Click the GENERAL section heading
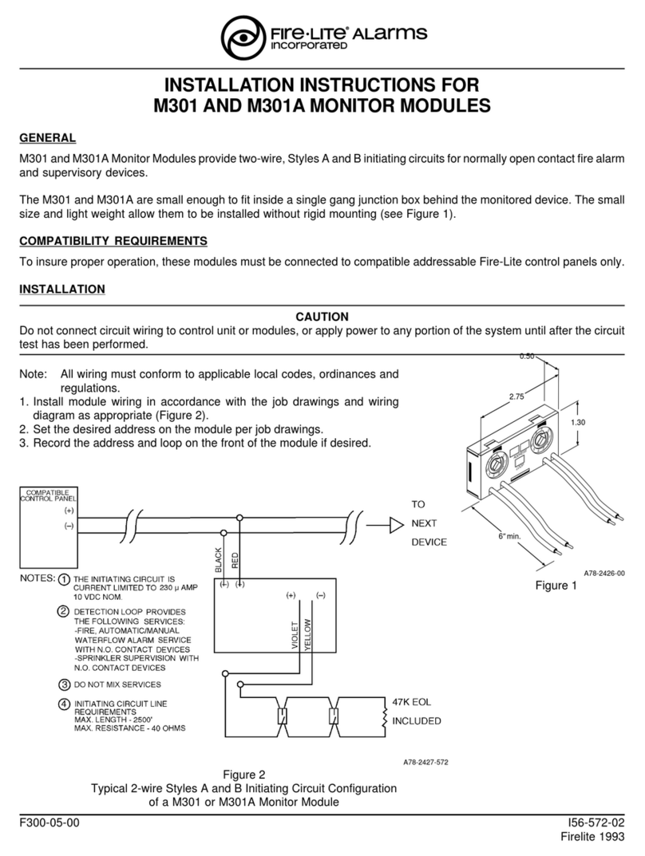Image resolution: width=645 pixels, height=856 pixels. (48, 138)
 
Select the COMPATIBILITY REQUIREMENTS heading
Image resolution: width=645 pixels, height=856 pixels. (113, 241)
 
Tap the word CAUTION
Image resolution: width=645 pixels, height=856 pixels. (322, 318)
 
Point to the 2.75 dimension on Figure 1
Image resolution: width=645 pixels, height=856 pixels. (516, 396)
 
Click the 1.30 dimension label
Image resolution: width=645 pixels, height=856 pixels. (577, 423)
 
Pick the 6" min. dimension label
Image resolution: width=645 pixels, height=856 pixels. (509, 536)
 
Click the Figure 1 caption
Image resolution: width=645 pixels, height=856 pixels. (556, 586)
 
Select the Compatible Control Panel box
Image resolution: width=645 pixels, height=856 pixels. (49, 527)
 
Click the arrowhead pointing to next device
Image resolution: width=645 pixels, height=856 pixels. (397, 526)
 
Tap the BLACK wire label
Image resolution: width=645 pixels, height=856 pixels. (219, 560)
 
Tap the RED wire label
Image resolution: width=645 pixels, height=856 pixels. (235, 561)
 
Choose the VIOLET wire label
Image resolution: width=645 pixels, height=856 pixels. (295, 635)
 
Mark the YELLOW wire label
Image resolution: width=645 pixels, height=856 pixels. (307, 634)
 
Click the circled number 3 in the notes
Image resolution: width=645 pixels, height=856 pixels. (65, 684)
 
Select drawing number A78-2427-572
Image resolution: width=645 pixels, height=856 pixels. (425, 762)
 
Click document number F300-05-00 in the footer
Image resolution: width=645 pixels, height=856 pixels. (49, 822)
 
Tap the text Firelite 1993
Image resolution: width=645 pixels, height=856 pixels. (592, 837)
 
